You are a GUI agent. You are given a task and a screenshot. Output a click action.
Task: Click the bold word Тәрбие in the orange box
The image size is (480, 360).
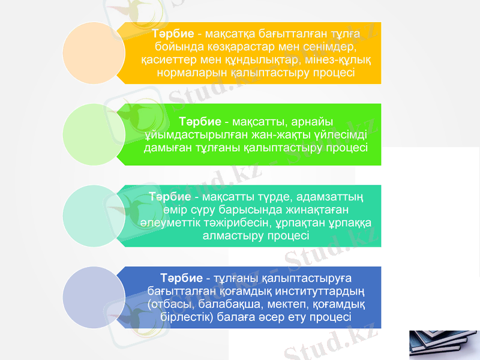coord(173,32)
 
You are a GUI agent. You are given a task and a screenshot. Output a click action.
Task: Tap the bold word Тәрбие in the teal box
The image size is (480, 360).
coord(170,196)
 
